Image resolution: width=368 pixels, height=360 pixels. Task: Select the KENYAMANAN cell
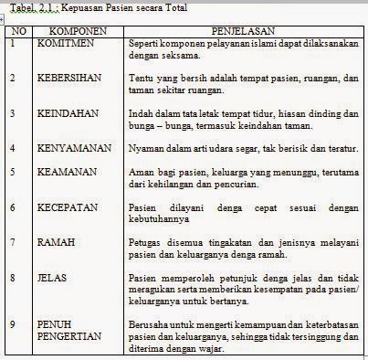pyautogui.click(x=74, y=148)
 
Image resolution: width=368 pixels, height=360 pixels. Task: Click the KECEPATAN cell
pyautogui.click(x=68, y=207)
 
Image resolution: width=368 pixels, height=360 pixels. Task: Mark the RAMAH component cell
pyautogui.click(x=56, y=241)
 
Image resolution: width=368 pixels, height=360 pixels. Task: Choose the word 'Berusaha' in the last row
pyautogui.click(x=151, y=324)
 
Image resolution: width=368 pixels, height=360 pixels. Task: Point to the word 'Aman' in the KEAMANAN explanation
pyautogui.click(x=142, y=172)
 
